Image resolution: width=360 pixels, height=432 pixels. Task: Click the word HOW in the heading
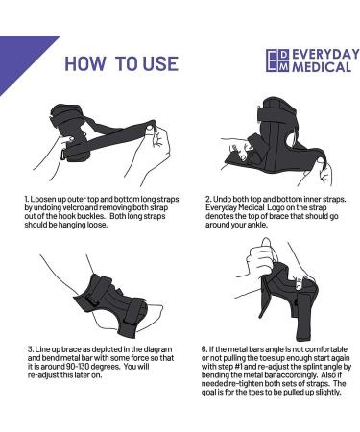tap(85, 63)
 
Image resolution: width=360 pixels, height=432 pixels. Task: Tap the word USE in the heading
tap(157, 63)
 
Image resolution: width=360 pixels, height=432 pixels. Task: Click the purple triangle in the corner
tap(19, 53)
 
